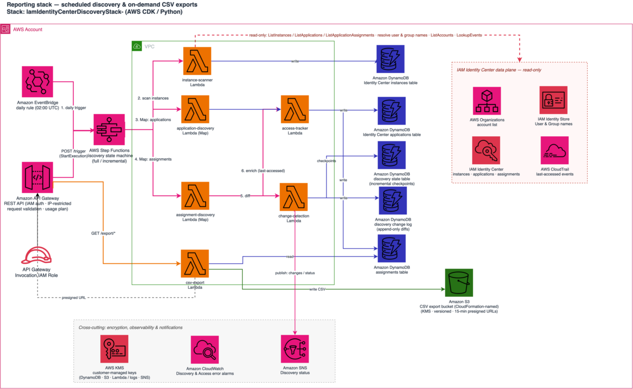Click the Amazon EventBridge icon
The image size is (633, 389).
click(37, 82)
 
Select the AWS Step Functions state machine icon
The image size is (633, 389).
click(109, 129)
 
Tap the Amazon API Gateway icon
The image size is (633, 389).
click(37, 177)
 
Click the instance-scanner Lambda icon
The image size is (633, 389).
click(197, 61)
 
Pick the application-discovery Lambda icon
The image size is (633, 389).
click(195, 109)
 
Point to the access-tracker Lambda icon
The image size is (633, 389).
click(295, 109)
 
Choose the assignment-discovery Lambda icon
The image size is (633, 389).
click(195, 196)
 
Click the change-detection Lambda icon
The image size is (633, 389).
click(294, 197)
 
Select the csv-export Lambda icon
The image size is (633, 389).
click(195, 263)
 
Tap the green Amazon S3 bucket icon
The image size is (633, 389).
click(459, 283)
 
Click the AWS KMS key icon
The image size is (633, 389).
click(114, 349)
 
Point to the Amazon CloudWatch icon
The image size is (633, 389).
click(205, 349)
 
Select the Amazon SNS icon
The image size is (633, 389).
click(295, 349)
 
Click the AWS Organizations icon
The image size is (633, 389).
click(487, 101)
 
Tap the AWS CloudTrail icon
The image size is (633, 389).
click(555, 150)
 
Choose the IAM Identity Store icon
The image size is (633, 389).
click(553, 100)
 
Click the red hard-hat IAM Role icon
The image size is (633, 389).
click(36, 255)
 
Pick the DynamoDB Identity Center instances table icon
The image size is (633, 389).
click(390, 59)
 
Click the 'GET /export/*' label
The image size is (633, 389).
click(103, 233)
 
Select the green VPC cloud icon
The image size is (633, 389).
click(137, 46)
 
